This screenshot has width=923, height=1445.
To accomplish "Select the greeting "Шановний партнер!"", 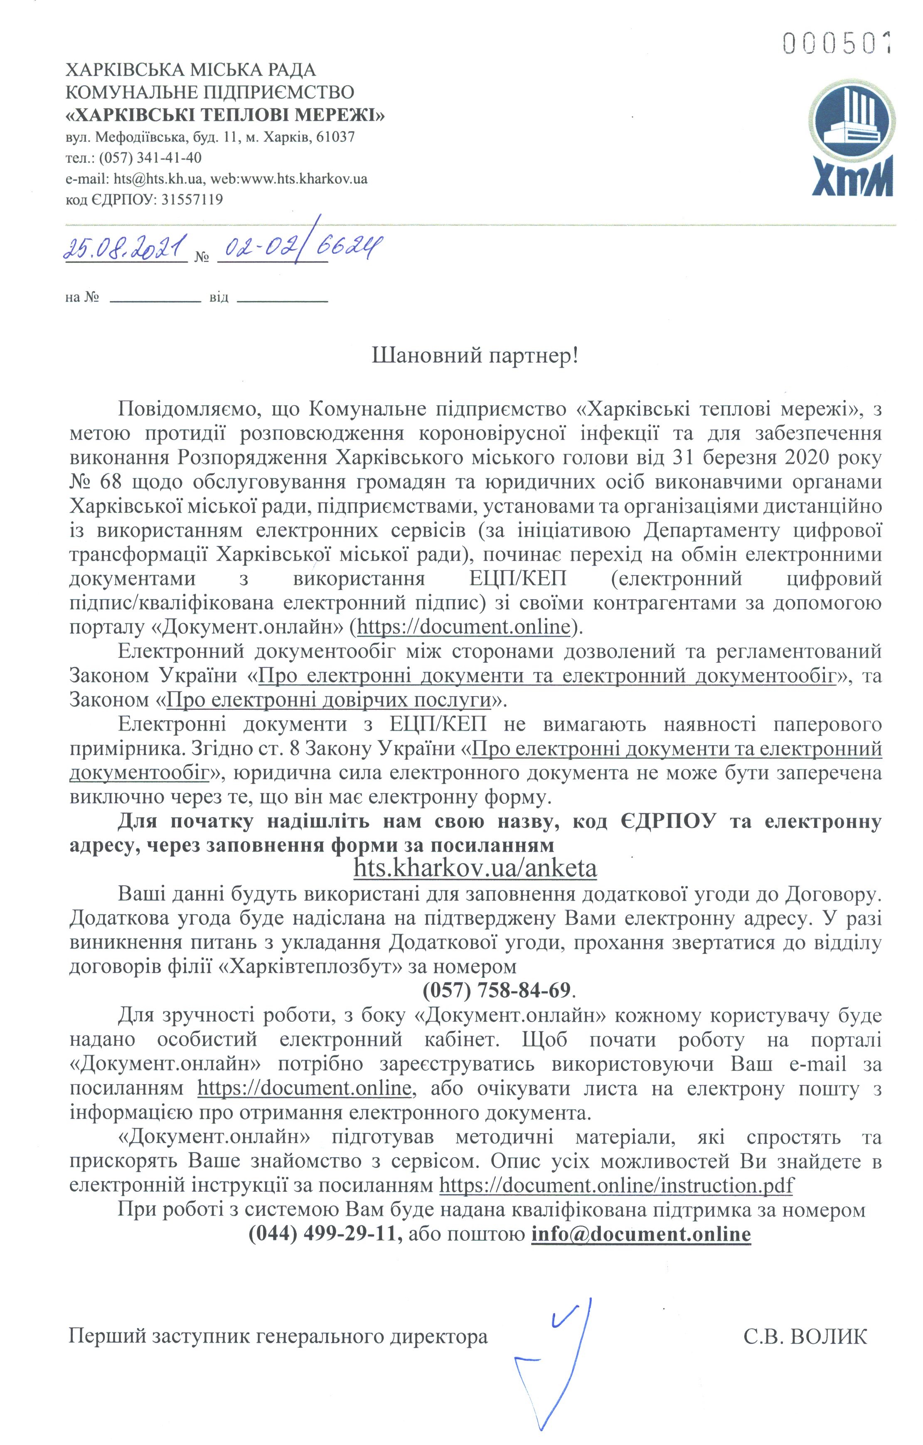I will click(475, 356).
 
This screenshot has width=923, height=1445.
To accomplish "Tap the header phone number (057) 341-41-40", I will click(150, 158).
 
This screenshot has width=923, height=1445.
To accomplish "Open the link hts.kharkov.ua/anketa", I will click(475, 868).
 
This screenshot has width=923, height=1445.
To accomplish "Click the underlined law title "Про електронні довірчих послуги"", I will click(329, 700).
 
